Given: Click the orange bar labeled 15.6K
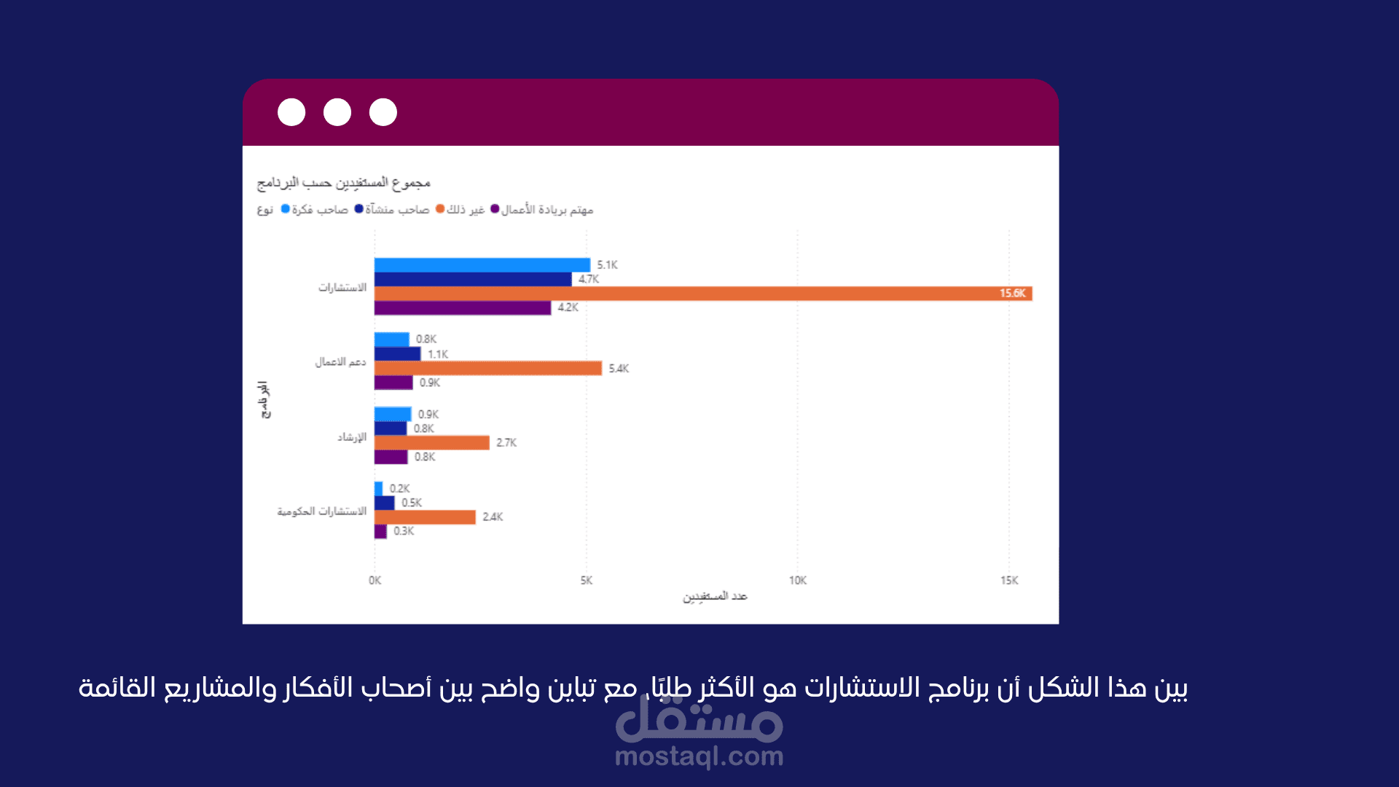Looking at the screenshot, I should [703, 294].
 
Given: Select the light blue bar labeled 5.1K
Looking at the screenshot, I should [482, 265].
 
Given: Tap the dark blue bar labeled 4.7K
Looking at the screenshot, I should [472, 279].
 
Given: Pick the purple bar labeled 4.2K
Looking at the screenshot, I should [463, 308].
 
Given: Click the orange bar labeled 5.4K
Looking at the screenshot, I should [488, 368].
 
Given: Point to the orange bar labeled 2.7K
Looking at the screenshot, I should [431, 442].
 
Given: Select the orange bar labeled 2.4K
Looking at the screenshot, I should [425, 517].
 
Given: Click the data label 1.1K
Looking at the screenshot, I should [438, 354].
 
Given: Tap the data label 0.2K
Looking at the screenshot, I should [399, 488].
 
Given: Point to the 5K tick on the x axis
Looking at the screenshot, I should [587, 580].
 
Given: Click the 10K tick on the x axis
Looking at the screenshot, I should [798, 580].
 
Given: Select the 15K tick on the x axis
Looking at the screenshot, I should [1009, 580].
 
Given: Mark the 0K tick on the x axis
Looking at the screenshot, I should [375, 580].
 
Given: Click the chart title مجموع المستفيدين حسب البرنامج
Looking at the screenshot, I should [344, 182].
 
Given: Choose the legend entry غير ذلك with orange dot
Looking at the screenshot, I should [461, 210].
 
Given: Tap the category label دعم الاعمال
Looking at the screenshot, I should [340, 361].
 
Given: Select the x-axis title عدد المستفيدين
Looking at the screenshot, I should [715, 596].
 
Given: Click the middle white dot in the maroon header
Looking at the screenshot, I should [337, 112].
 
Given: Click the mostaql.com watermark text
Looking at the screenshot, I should [699, 756].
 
